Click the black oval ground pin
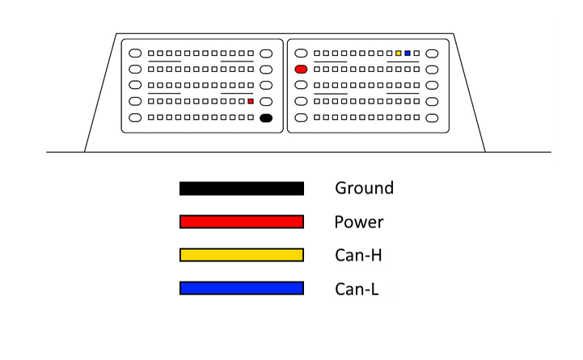click(266, 118)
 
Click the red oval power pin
click(301, 70)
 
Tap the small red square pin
click(251, 101)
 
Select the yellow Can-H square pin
click(398, 53)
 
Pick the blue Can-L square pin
click(408, 53)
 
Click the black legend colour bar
click(242, 188)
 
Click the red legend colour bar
click(242, 222)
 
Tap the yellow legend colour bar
click(242, 255)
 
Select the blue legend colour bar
click(242, 288)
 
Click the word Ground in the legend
click(364, 188)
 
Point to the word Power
click(359, 222)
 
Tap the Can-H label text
click(358, 255)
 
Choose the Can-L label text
click(357, 289)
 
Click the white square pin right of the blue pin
click(416, 53)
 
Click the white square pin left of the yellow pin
click(389, 53)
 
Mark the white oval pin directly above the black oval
click(266, 102)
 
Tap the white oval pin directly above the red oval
click(301, 53)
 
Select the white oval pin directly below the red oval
click(301, 85)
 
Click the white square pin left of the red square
click(242, 101)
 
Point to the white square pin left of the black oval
click(251, 117)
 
